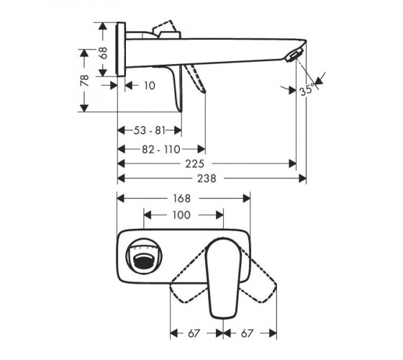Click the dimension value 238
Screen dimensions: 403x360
coord(207,179)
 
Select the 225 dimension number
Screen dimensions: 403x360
coord(195,164)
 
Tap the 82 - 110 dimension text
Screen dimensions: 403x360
coord(161,149)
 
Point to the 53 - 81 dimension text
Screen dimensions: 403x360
coord(150,130)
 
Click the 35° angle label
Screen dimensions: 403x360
coord(307,89)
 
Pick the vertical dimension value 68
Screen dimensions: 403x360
coord(104,53)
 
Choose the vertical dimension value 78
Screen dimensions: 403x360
coord(85,81)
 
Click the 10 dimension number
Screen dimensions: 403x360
coord(150,86)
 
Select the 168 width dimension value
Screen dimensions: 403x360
coord(181,199)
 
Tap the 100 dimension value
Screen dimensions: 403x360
coord(181,215)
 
